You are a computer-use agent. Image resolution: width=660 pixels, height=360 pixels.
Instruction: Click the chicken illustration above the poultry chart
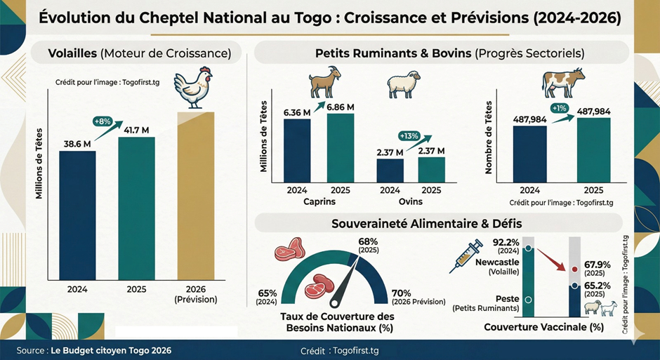[x=191, y=87]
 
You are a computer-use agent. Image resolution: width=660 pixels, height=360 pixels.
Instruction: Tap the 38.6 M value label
[x=77, y=144]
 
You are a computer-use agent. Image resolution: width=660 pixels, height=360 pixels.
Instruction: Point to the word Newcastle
[x=498, y=262]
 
